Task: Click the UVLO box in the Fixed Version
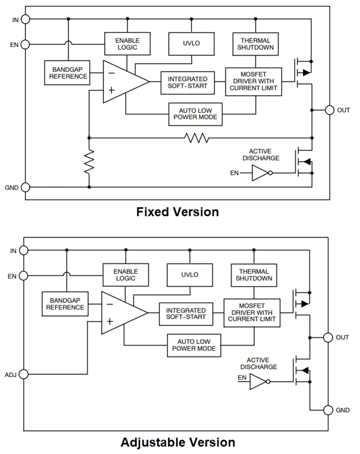(191, 44)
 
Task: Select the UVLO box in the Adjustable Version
(190, 275)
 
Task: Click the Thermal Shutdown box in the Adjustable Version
(254, 275)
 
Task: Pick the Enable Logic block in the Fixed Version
(127, 44)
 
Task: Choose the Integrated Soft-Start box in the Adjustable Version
(186, 314)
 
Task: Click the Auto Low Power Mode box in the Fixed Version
(195, 114)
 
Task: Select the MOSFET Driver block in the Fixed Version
(253, 82)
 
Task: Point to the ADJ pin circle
(24, 374)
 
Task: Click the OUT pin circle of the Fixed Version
(329, 110)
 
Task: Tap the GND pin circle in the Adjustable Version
(328, 410)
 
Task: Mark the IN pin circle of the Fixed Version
(25, 19)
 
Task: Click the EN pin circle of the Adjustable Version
(24, 276)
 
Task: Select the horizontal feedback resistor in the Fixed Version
(197, 138)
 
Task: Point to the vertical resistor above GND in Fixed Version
(89, 162)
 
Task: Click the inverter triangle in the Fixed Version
(260, 173)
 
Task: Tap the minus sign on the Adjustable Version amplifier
(109, 304)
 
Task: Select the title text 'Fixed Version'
(177, 212)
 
